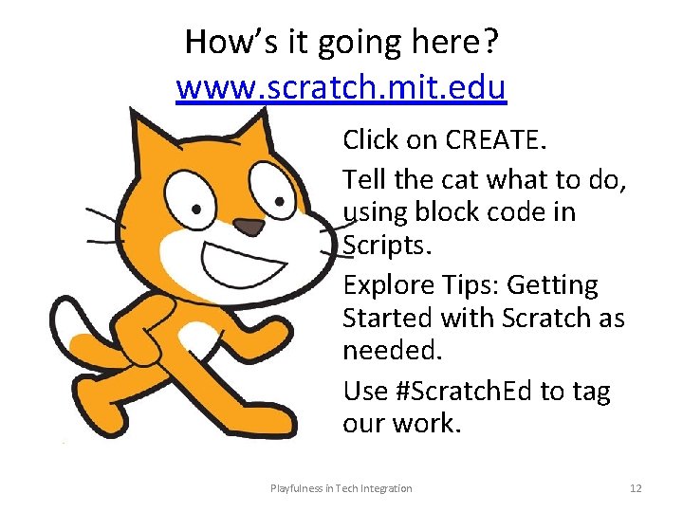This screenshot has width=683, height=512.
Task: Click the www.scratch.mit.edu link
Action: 341,88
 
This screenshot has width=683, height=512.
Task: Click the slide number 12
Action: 636,488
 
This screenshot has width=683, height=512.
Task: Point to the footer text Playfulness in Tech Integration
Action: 341,488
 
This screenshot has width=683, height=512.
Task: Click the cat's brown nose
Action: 249,227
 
